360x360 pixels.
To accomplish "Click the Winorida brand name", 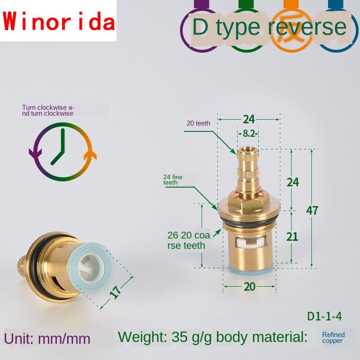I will (x=58, y=22).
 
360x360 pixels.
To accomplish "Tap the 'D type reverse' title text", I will (x=269, y=27).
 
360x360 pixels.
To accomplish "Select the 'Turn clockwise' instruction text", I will (x=48, y=110).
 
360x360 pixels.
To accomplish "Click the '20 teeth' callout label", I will (x=198, y=123).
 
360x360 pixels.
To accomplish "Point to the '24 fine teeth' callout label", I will (x=173, y=180).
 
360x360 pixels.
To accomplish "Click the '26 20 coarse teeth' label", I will (x=186, y=240).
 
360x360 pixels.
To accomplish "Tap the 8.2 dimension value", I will (x=248, y=133).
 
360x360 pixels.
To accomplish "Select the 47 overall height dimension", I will (x=312, y=210).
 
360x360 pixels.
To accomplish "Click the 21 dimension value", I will (x=292, y=236).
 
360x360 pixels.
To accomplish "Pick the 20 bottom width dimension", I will (x=249, y=287).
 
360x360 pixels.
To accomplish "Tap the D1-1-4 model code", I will (x=324, y=316).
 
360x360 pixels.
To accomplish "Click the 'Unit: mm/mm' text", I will (x=47, y=338).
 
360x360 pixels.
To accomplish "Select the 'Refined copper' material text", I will (x=333, y=337).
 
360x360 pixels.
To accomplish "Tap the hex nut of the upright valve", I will (x=248, y=203).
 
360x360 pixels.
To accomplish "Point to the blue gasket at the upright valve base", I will (x=249, y=270).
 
